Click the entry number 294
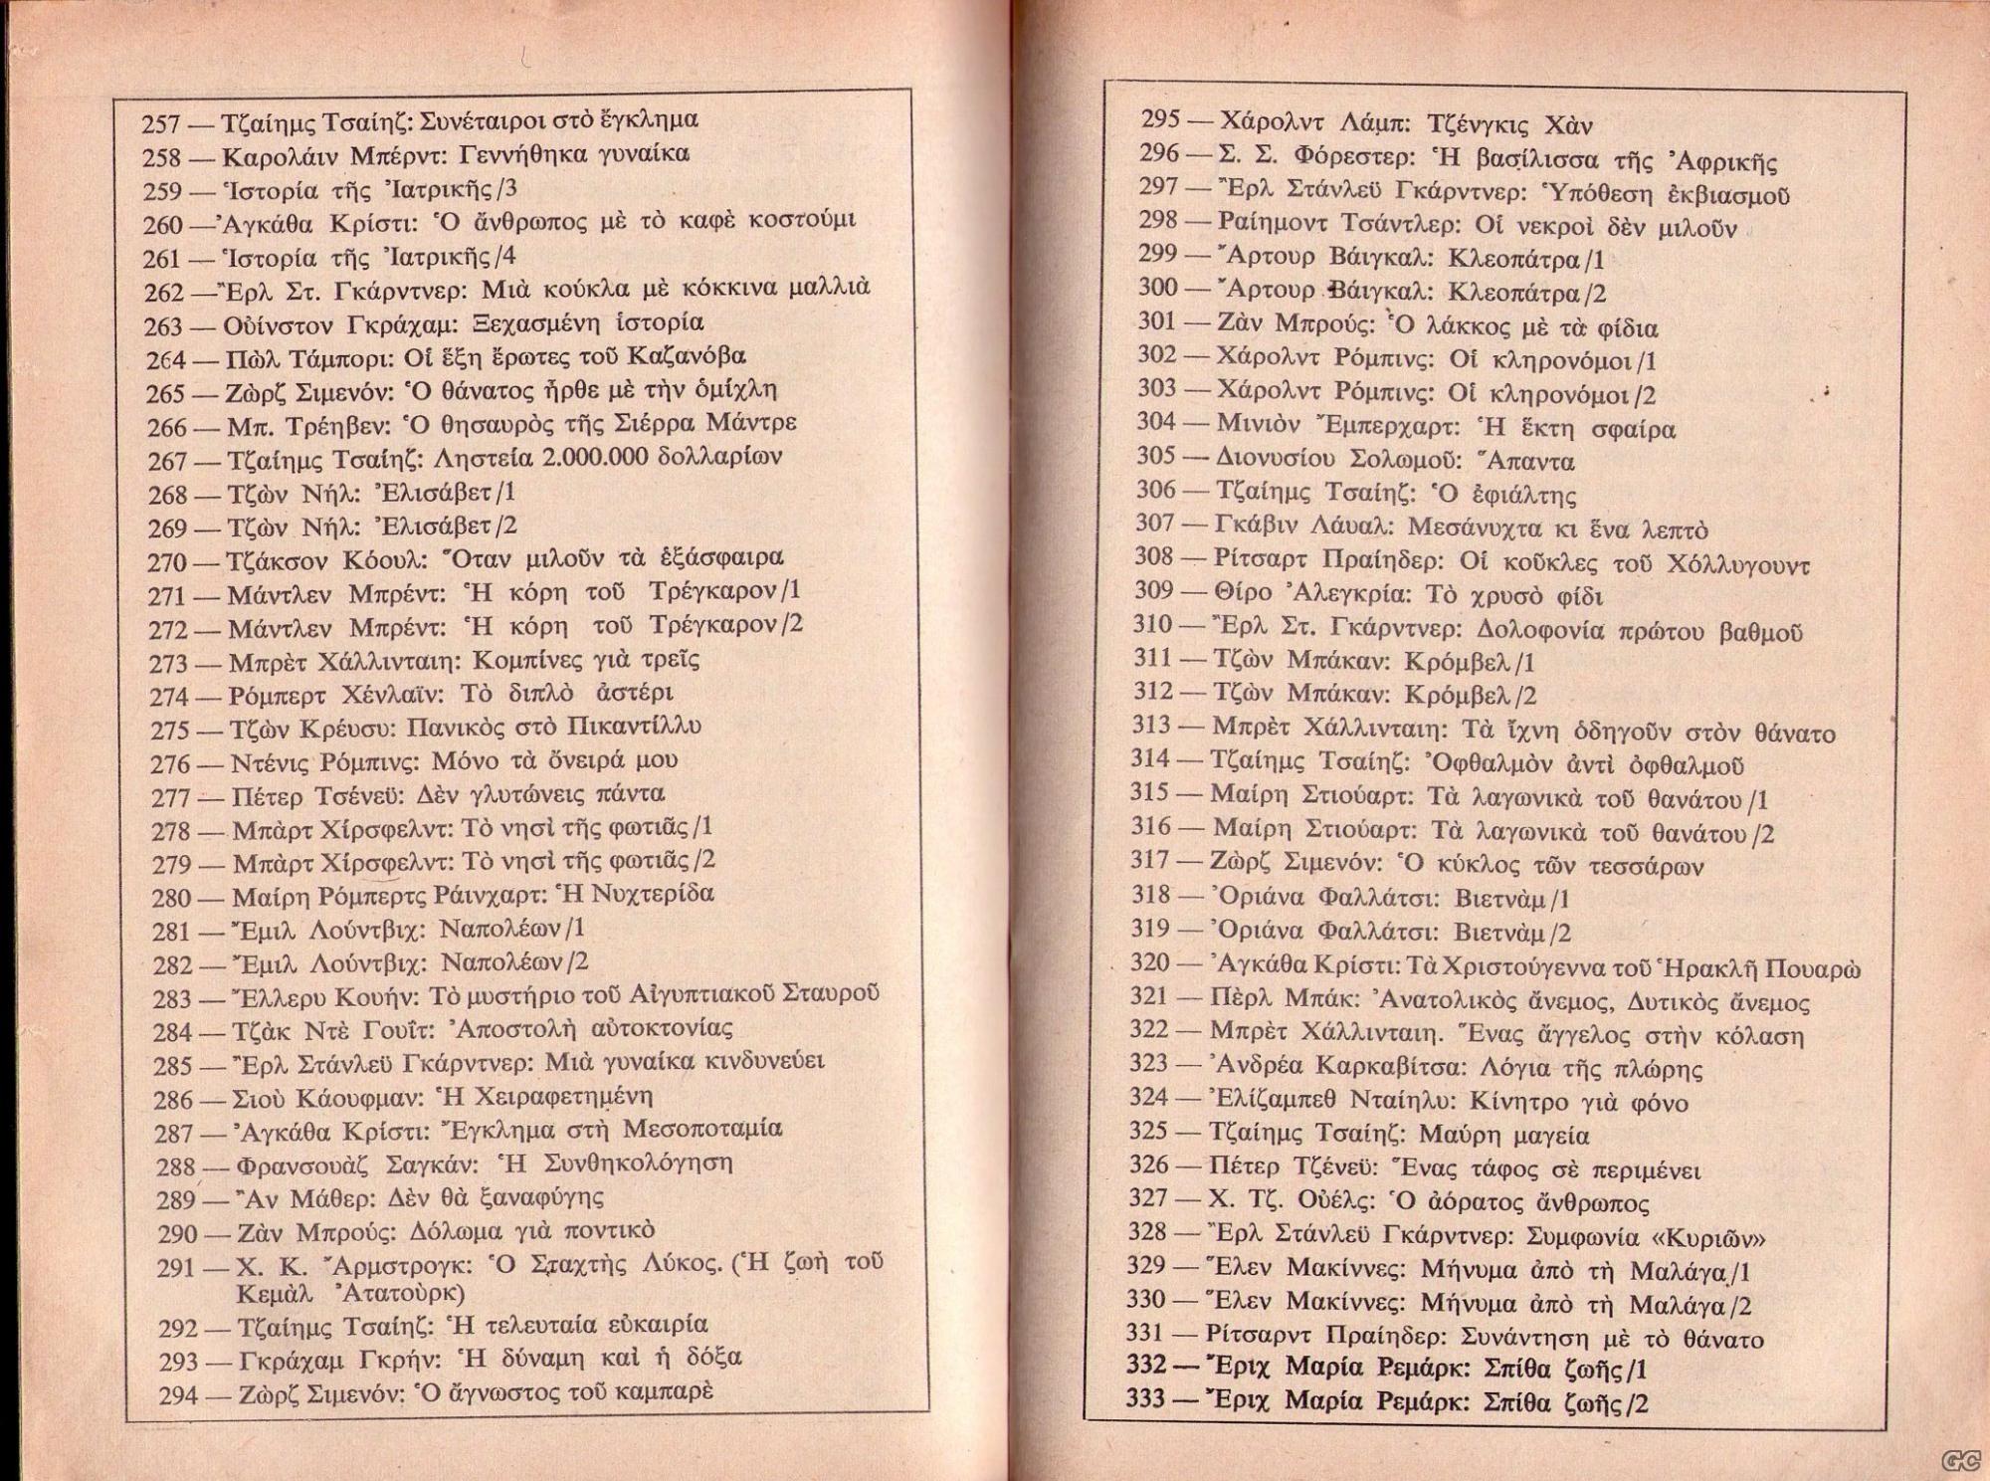tap(179, 1395)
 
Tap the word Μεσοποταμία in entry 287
tap(702, 1129)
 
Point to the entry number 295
tap(1160, 120)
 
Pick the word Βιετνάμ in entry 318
tap(1500, 899)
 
